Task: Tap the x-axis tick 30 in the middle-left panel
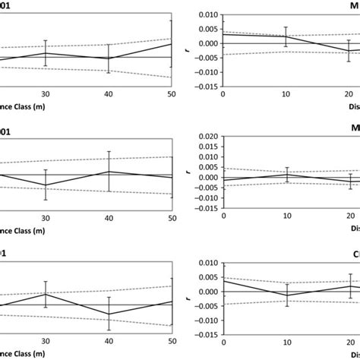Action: (46, 218)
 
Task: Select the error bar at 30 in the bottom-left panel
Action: (46, 294)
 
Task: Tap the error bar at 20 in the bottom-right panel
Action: (350, 286)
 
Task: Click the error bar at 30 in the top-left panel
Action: (46, 53)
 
